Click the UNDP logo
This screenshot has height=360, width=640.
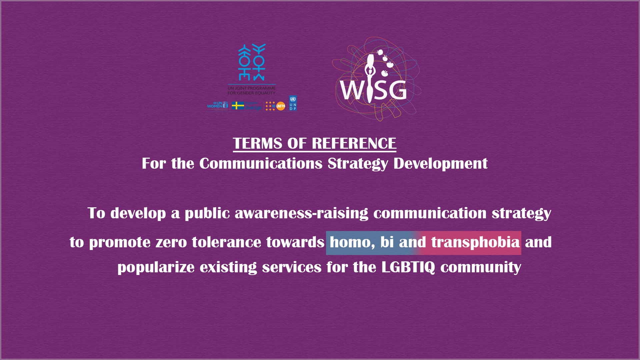tap(293, 103)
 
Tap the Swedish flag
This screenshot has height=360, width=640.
tap(238, 106)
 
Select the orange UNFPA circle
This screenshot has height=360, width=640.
tap(281, 106)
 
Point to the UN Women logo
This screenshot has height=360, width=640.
tap(217, 105)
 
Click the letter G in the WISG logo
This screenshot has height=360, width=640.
tap(397, 90)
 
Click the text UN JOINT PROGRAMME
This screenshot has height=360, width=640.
tap(251, 88)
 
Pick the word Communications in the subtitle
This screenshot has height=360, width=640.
tap(261, 164)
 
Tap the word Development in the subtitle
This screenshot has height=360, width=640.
tap(440, 164)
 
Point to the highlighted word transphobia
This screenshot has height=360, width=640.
tap(475, 242)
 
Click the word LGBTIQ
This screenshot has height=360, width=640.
tap(408, 267)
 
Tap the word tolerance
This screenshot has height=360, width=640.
tap(226, 242)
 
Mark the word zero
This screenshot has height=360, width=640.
tap(171, 242)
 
